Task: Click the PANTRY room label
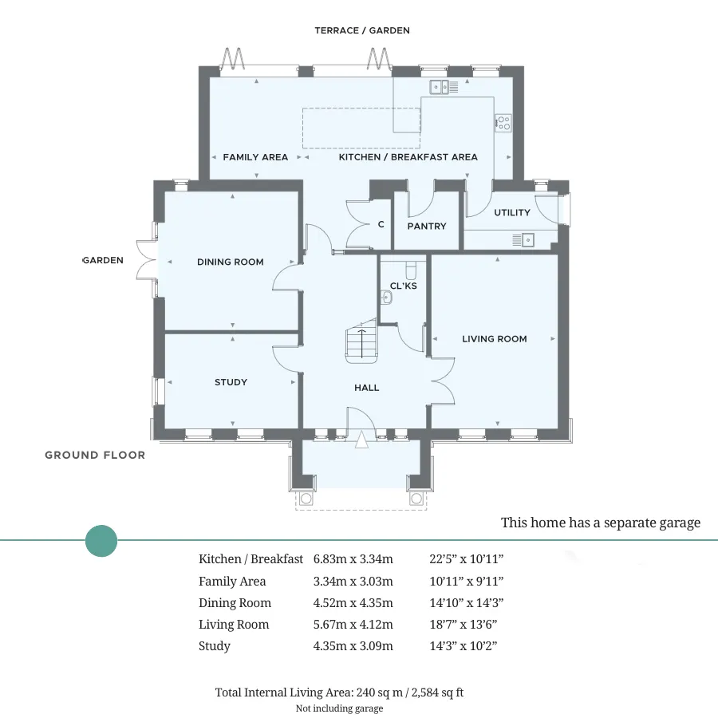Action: (426, 227)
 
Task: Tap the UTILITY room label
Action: (512, 212)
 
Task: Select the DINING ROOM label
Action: (231, 262)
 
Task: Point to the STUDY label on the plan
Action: (231, 382)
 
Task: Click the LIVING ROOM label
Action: (494, 339)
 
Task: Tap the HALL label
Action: (366, 388)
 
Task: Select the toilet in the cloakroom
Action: (411, 270)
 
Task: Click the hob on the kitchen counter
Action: (503, 123)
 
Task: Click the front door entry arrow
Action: (361, 439)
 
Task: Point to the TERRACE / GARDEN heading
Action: (361, 30)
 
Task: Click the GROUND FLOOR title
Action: (95, 456)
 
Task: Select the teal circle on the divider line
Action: (101, 541)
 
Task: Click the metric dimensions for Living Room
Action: (353, 624)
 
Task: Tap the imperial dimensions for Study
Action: (464, 645)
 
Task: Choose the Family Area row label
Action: (232, 581)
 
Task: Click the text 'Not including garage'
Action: (339, 708)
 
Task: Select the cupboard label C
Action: (381, 224)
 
